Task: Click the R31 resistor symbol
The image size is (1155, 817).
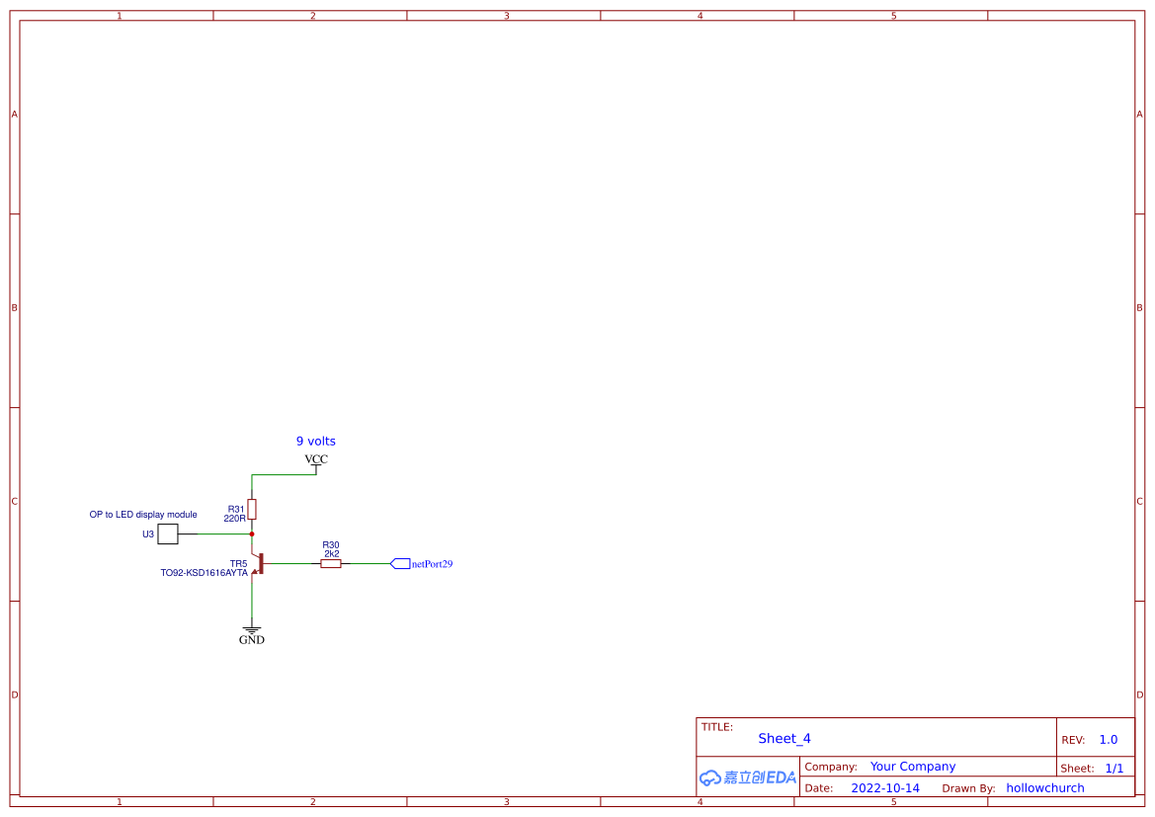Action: point(252,509)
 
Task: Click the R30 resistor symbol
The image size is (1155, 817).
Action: point(331,563)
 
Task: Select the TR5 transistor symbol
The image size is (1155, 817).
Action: point(257,563)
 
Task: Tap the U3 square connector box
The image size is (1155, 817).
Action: point(168,534)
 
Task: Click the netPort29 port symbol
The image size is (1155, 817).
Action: point(400,563)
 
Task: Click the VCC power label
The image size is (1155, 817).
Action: point(316,459)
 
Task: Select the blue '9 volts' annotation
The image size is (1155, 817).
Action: point(316,442)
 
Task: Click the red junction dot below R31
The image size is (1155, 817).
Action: point(252,534)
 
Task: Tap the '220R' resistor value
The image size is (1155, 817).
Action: point(234,519)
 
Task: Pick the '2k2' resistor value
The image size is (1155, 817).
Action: point(331,554)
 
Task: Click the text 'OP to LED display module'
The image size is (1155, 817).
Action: point(143,515)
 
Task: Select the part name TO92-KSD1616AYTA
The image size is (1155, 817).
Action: point(205,573)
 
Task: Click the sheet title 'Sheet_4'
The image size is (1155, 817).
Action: point(784,738)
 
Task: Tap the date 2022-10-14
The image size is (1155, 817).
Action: point(885,788)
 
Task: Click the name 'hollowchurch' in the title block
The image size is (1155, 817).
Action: point(1045,788)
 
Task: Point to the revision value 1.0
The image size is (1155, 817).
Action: point(1109,740)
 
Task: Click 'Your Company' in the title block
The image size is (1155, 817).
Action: point(913,767)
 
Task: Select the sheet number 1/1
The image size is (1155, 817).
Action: point(1114,769)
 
